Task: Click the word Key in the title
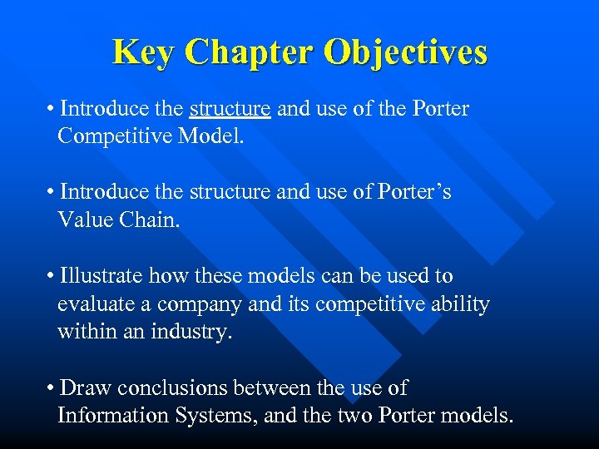(144, 52)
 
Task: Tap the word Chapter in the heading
(249, 52)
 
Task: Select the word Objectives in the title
(405, 52)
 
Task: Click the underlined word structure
(230, 109)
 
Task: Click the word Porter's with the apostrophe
(413, 192)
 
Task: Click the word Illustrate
(101, 275)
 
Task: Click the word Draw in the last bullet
(86, 387)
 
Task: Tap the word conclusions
(173, 387)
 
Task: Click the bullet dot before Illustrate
(52, 276)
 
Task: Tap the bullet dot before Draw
(52, 388)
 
